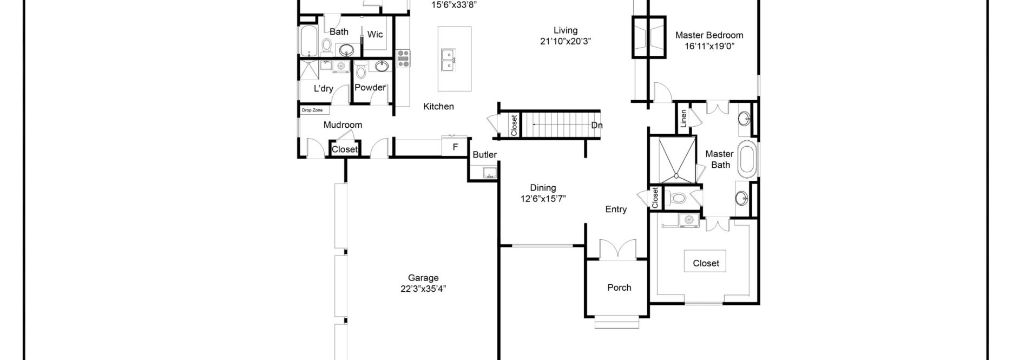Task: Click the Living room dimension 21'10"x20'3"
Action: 566,41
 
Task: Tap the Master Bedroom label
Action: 709,35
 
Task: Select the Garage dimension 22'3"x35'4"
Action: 423,289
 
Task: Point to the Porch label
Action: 619,287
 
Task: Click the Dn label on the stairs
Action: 596,126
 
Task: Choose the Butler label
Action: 484,155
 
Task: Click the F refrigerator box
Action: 455,147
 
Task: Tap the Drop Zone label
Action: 312,110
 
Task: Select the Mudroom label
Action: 343,125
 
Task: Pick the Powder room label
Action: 370,88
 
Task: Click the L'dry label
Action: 323,89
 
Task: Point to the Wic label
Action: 375,35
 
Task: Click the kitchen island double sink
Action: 448,60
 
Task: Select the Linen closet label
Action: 684,119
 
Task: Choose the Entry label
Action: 616,210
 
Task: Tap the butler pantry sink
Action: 490,173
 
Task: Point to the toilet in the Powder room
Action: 362,71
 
